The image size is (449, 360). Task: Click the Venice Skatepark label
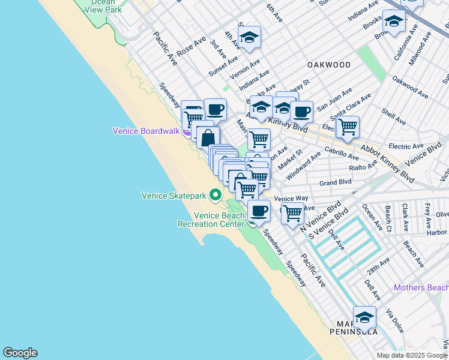click(x=173, y=196)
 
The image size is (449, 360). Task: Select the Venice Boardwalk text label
click(x=146, y=131)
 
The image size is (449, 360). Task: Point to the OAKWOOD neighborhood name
click(x=328, y=65)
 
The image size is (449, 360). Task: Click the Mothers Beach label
click(x=421, y=288)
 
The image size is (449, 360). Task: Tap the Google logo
click(x=20, y=353)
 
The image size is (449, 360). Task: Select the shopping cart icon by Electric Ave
click(x=348, y=127)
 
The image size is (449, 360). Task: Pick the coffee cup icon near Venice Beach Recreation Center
click(x=259, y=211)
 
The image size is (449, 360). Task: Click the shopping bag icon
click(x=207, y=137)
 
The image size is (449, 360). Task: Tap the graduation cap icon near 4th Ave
click(x=249, y=37)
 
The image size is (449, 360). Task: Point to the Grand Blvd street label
click(x=335, y=182)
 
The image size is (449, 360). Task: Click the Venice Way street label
click(x=291, y=199)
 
